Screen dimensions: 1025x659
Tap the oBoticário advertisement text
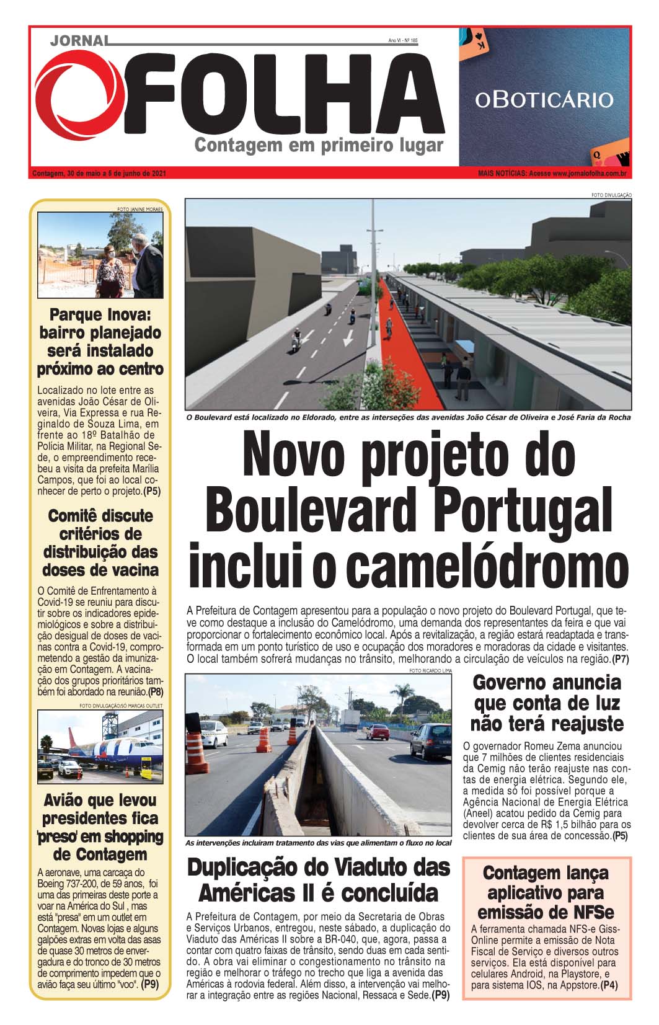pos(544,99)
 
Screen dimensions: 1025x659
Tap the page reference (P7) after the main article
pos(620,659)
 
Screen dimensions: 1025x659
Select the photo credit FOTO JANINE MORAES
pos(139,210)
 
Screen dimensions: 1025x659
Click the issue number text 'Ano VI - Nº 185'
pos(403,40)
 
